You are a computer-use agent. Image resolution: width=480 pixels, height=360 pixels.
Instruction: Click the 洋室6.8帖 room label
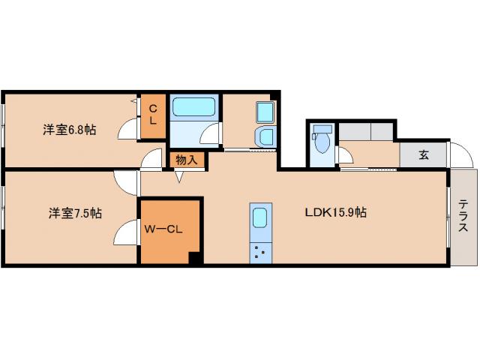70,130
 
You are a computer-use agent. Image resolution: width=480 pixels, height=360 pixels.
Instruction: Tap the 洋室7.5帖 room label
75,213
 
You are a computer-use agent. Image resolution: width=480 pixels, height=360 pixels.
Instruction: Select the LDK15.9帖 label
335,212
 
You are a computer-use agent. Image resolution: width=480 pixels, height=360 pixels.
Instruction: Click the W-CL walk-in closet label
163,229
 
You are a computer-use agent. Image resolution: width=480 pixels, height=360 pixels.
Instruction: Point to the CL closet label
153,115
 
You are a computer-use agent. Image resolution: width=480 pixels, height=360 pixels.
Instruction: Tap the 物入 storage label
187,160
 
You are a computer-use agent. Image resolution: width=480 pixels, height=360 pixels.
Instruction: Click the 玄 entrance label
424,154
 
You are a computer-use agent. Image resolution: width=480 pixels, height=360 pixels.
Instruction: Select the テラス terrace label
463,215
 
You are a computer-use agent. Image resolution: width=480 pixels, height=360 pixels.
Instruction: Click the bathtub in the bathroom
194,106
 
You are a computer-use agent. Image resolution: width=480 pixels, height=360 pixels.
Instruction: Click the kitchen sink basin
260,217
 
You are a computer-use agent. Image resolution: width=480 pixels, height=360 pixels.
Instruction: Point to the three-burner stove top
260,253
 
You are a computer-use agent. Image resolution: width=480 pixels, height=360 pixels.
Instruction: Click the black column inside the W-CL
195,258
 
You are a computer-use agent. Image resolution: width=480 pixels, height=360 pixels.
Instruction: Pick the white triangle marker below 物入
179,177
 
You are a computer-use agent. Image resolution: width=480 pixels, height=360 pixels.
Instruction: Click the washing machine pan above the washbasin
265,112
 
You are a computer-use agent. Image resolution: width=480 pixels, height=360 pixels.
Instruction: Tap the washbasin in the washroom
265,136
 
